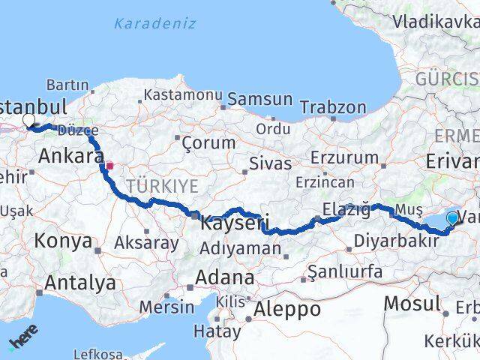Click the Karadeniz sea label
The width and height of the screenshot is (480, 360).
pyautogui.click(x=154, y=23)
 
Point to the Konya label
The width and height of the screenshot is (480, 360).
pyautogui.click(x=65, y=241)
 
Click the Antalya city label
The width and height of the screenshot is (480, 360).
pyautogui.click(x=80, y=283)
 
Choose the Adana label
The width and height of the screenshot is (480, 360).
pyautogui.click(x=224, y=277)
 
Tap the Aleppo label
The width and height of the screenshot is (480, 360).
pyautogui.click(x=289, y=309)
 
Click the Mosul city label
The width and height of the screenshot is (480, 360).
pyautogui.click(x=412, y=304)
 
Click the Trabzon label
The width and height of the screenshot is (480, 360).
pyautogui.click(x=333, y=107)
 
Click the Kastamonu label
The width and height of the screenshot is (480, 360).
pyautogui.click(x=183, y=95)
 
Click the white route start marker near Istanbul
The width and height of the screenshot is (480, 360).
pyautogui.click(x=28, y=119)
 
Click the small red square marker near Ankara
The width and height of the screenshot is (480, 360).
pyautogui.click(x=109, y=165)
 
